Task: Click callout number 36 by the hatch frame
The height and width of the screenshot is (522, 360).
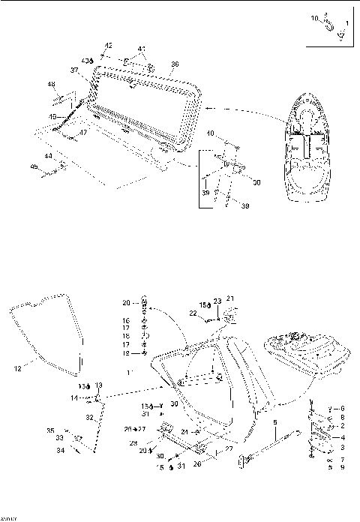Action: (x=175, y=64)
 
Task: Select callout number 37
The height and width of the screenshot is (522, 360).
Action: (x=75, y=70)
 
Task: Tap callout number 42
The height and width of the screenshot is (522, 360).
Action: (x=108, y=46)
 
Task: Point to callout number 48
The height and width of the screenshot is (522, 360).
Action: (x=51, y=84)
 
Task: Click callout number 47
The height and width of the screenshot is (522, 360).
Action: (x=82, y=133)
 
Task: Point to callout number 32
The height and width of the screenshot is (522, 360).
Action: (x=89, y=417)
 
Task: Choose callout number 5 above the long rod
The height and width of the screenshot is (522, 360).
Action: (x=274, y=422)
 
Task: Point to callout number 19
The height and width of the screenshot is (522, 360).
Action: (x=126, y=352)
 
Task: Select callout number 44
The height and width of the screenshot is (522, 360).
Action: (x=48, y=156)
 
